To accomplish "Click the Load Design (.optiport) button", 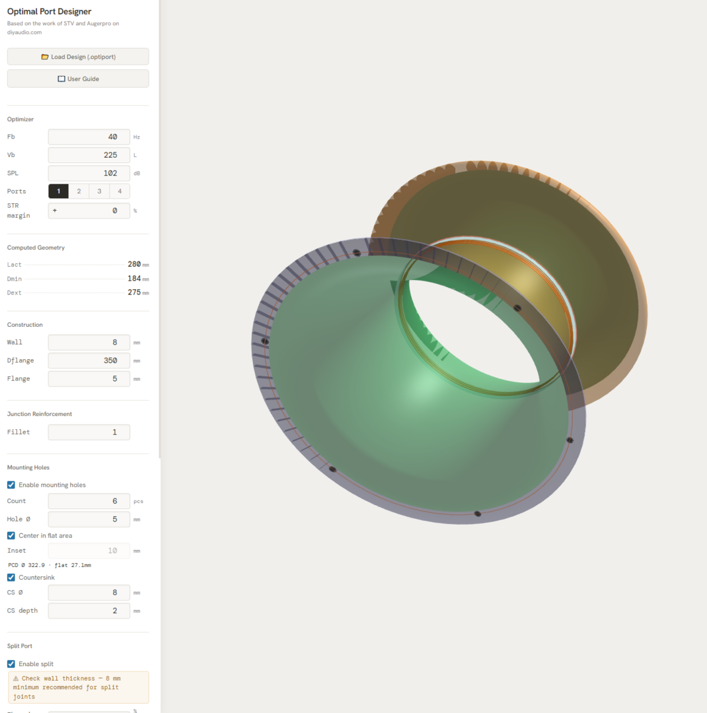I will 78,57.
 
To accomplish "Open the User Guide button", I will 78,79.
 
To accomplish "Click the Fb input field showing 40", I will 89,137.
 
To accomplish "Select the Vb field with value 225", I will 89,155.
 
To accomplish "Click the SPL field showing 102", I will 89,173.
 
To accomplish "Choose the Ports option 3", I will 99,191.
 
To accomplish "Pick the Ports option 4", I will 120,191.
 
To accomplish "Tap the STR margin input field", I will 89,211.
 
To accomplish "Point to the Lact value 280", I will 134,264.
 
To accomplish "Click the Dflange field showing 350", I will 89,360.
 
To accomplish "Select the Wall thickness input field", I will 89,343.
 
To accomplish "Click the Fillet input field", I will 89,432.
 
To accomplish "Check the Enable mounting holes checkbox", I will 11,485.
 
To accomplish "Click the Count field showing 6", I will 89,501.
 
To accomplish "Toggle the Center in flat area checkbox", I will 11,535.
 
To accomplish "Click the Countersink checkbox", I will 11,578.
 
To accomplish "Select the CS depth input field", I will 89,611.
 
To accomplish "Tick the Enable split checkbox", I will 11,664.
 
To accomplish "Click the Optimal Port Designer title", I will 50,12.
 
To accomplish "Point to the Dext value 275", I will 134,292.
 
